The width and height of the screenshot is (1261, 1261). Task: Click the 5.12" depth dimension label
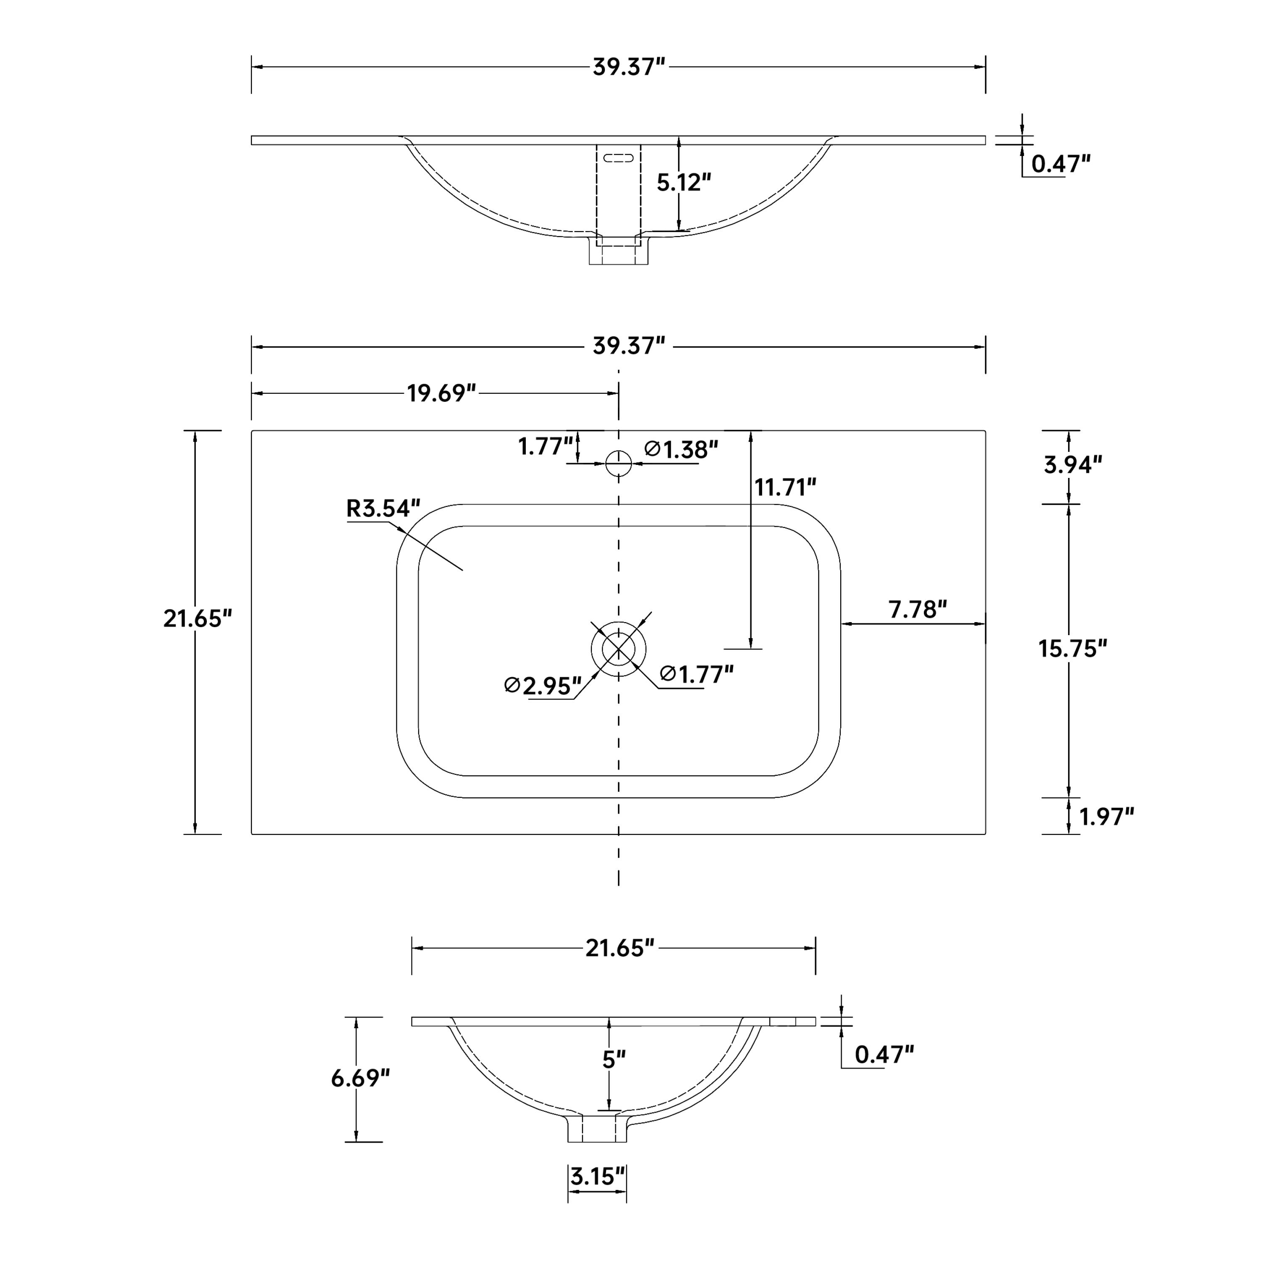(683, 183)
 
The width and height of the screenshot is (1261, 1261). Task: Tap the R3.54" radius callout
(383, 509)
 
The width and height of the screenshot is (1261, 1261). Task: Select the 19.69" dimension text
(442, 393)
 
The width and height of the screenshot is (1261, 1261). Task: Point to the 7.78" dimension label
(917, 609)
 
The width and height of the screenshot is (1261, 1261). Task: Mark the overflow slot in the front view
(618, 158)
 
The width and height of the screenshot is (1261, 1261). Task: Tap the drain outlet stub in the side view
(597, 1128)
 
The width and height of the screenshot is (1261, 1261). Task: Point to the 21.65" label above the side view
(620, 948)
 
